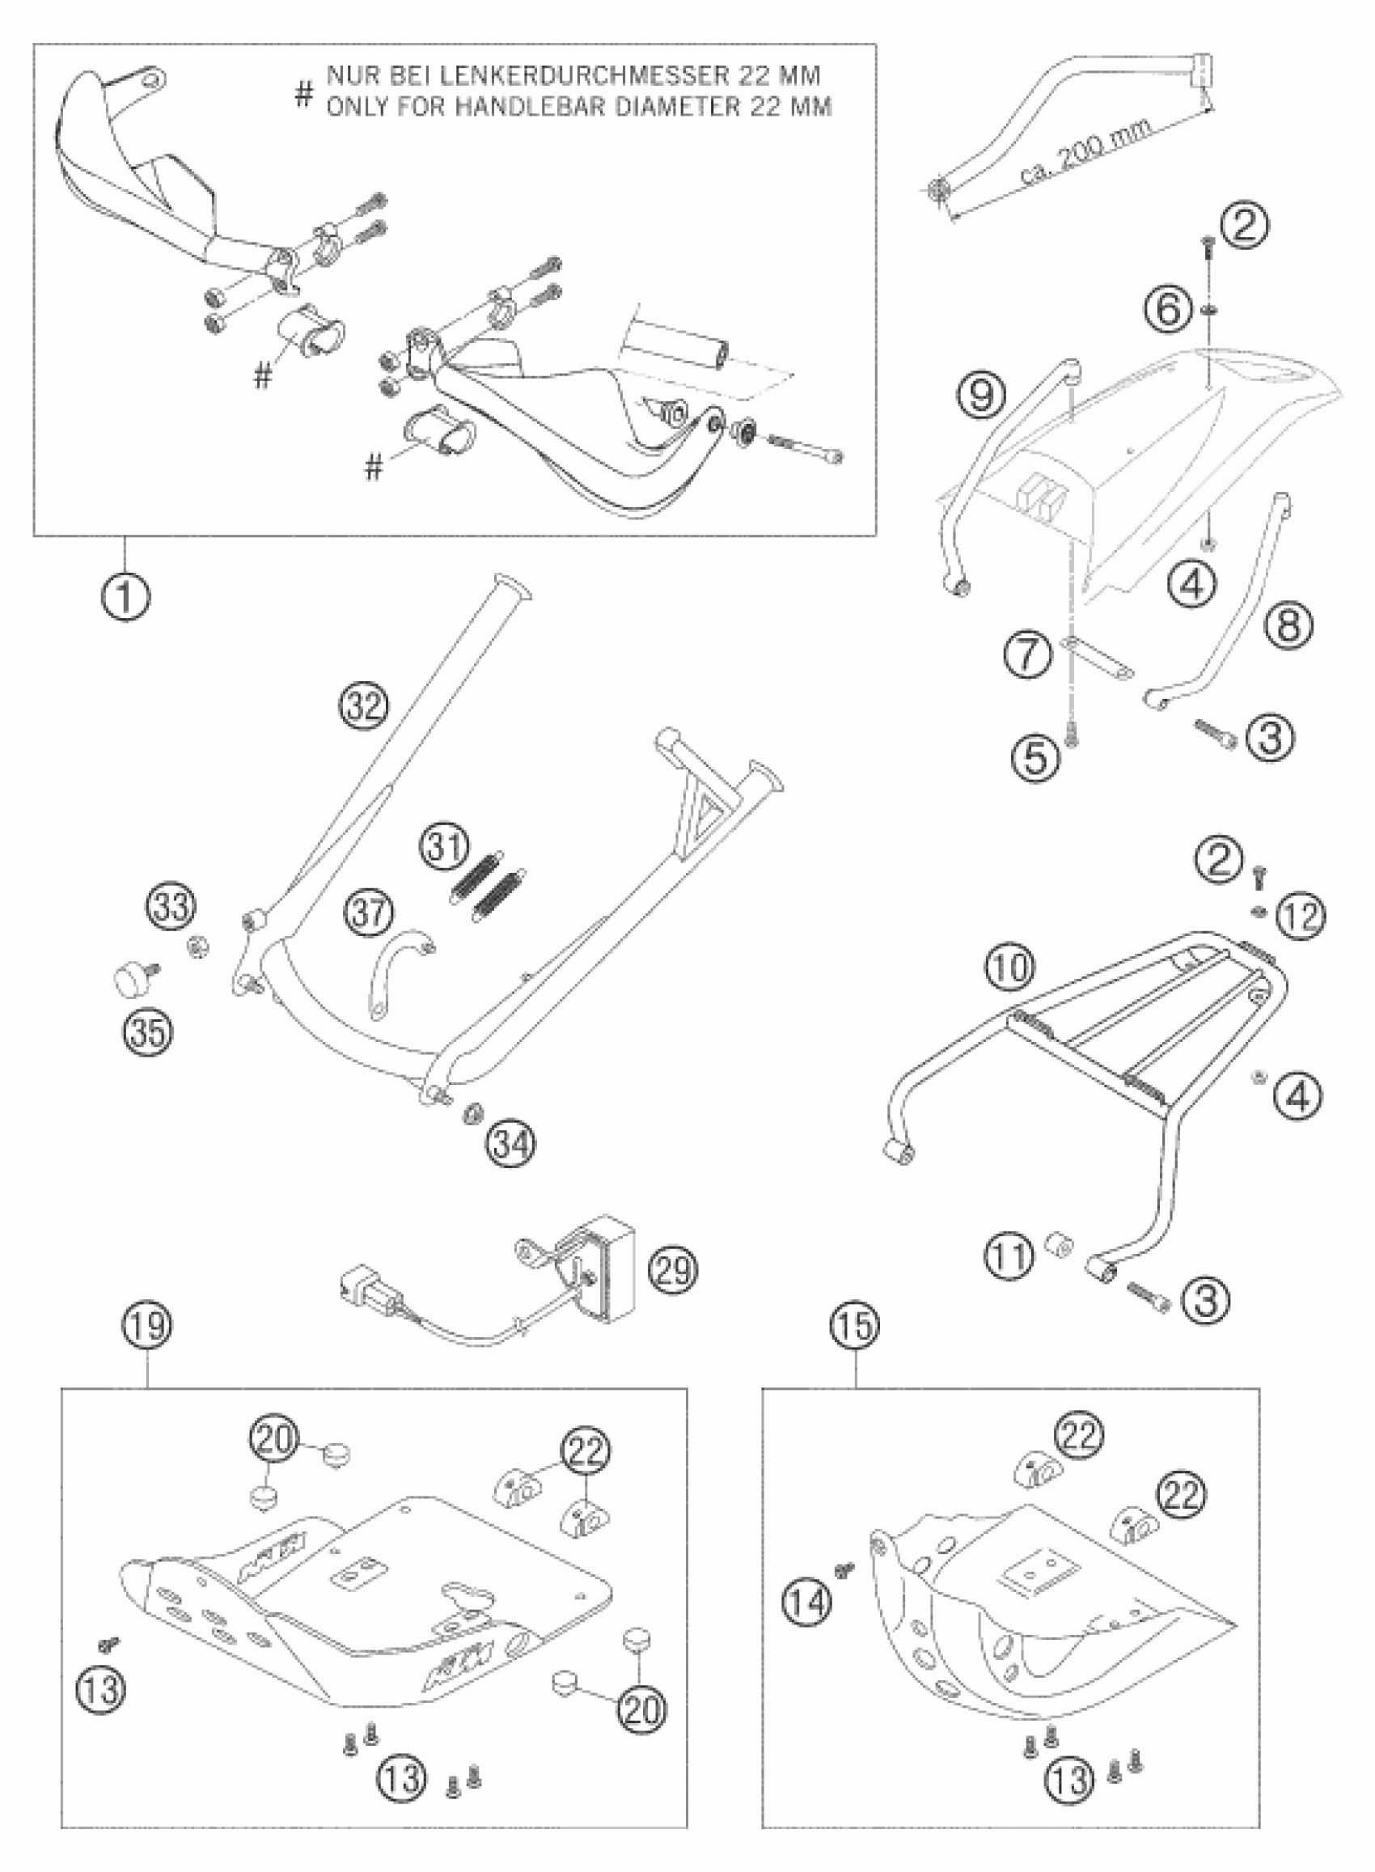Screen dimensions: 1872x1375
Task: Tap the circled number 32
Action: (x=364, y=706)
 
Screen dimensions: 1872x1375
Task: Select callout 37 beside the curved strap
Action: (x=369, y=913)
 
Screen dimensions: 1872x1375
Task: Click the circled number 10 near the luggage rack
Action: (x=1010, y=968)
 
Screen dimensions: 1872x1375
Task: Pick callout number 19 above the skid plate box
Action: (x=149, y=1324)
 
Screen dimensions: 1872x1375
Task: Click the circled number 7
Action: (x=1028, y=654)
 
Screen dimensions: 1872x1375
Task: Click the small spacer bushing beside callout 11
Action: (x=1058, y=1248)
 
